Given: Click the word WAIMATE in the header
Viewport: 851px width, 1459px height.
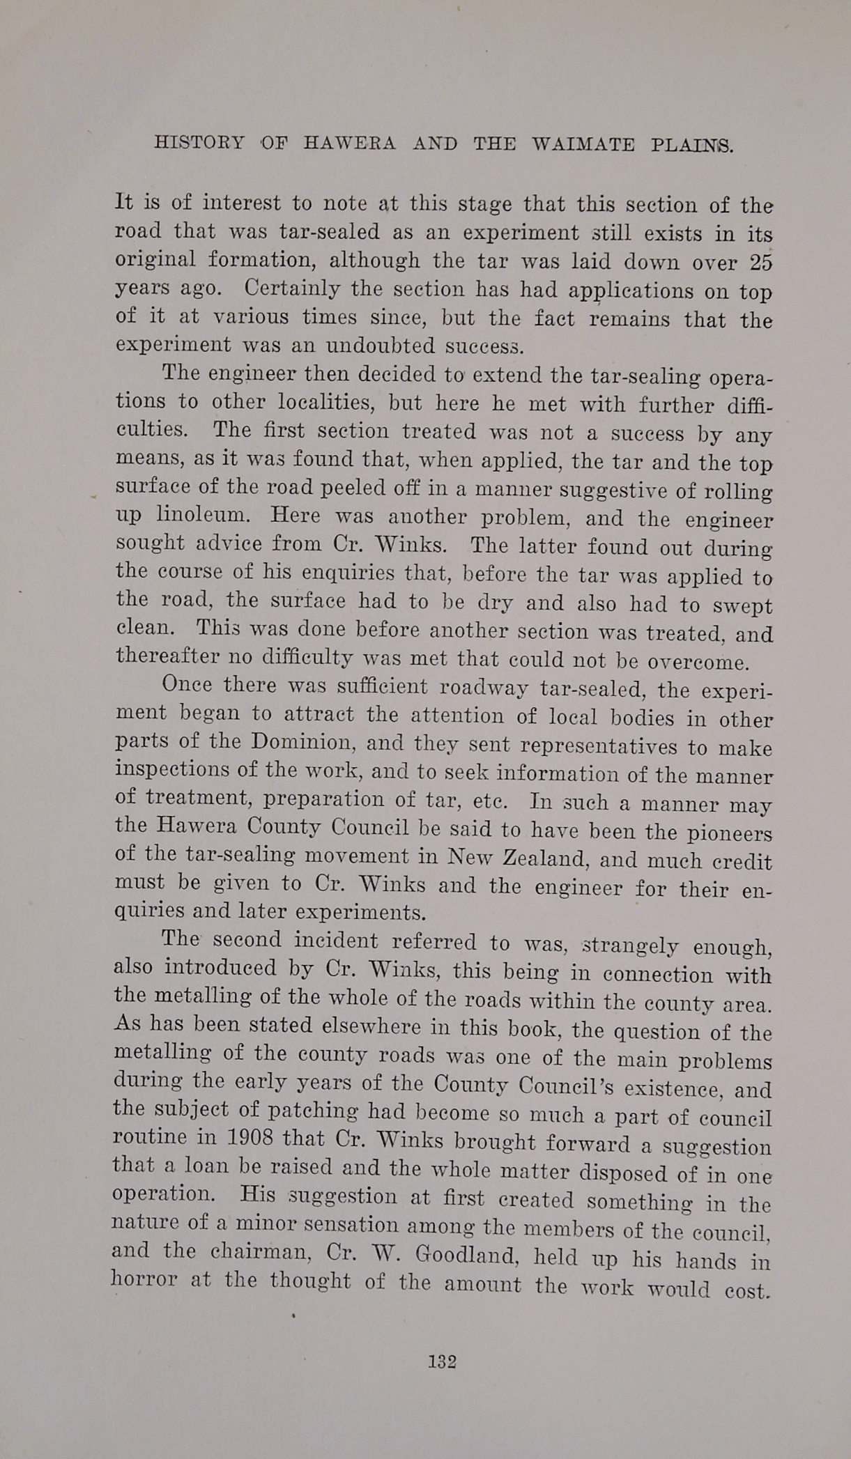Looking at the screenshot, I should click(x=583, y=145).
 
